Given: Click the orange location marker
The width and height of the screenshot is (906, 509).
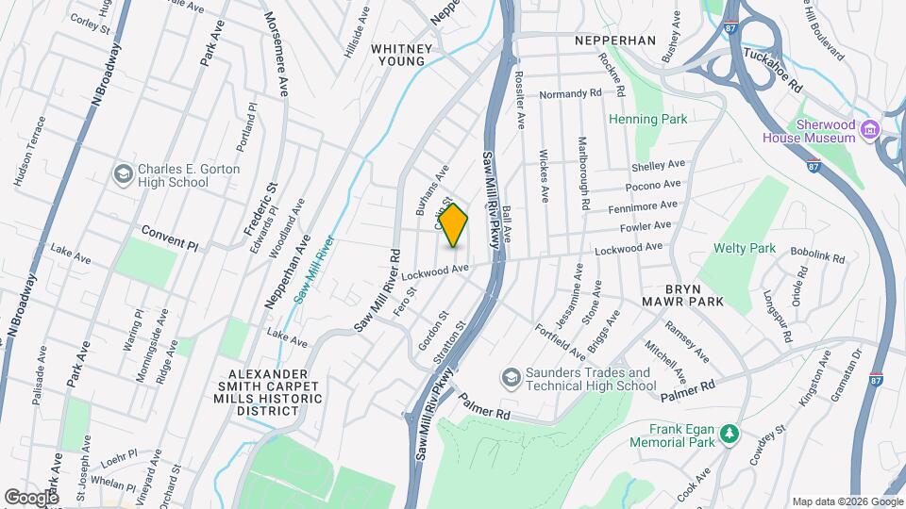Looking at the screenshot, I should tap(454, 225).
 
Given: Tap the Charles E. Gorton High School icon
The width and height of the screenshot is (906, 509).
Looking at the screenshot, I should tap(123, 174).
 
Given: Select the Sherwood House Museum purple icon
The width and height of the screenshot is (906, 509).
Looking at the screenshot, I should tap(870, 128).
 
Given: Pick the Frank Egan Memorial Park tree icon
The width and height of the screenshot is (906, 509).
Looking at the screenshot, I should tap(729, 434).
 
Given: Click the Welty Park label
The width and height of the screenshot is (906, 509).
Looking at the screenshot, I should tap(745, 249).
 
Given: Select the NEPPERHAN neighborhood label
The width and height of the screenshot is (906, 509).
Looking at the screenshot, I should tap(615, 41).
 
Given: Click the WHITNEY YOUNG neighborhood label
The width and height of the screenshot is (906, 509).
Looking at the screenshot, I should tap(401, 55).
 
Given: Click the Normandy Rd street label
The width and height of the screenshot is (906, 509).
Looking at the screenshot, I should tap(570, 94).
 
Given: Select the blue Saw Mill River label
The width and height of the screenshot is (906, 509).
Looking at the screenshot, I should tap(314, 269).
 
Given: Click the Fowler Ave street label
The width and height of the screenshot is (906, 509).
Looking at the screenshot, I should tap(646, 226).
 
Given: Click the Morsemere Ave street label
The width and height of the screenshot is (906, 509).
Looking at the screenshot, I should tap(276, 54).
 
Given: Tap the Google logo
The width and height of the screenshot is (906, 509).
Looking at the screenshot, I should tap(31, 497).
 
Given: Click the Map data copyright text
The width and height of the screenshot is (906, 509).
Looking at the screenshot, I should tap(846, 501).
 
